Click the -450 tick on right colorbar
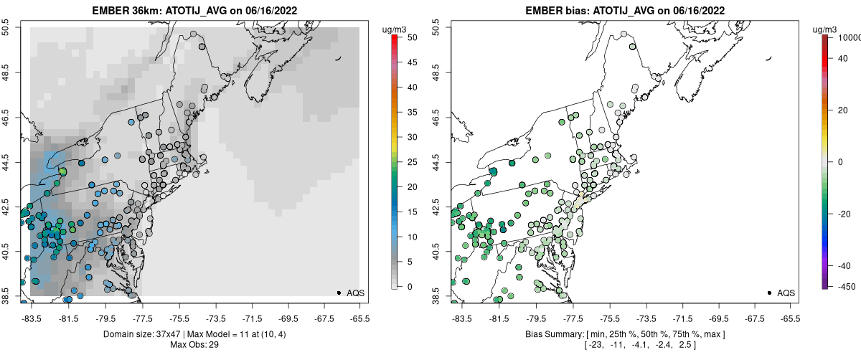point(847,286)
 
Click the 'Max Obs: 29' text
point(194,345)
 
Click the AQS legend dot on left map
point(338,293)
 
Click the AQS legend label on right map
point(786,293)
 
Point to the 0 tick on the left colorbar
point(409,286)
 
